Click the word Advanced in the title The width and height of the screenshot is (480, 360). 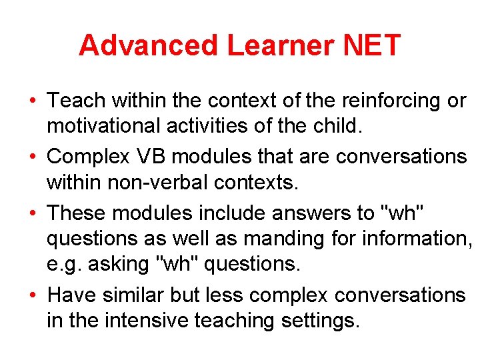tap(148, 45)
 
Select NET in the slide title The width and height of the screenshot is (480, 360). tap(371, 45)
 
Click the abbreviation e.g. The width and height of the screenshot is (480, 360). tap(62, 265)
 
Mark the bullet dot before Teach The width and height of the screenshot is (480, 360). tap(32, 101)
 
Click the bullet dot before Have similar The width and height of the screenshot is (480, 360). tap(32, 295)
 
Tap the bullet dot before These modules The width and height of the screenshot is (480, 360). tap(32, 213)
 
